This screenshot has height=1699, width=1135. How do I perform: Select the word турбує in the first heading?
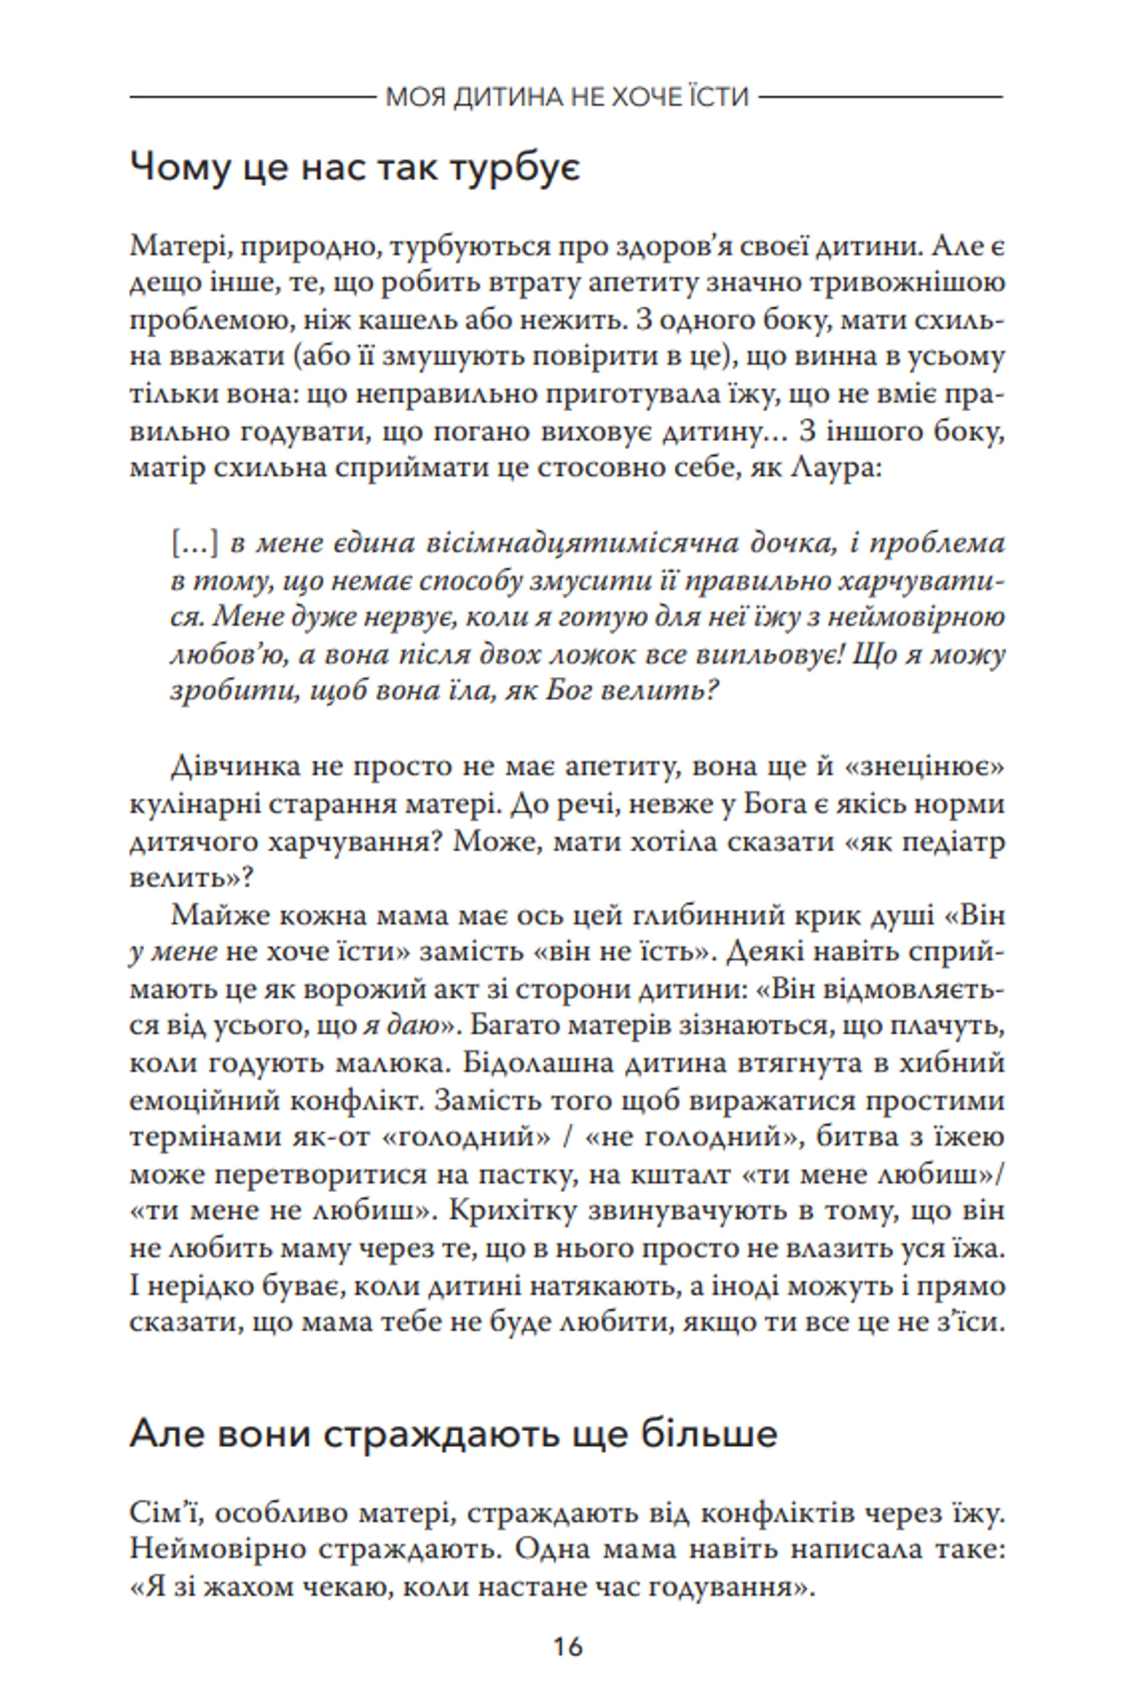[x=513, y=169]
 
